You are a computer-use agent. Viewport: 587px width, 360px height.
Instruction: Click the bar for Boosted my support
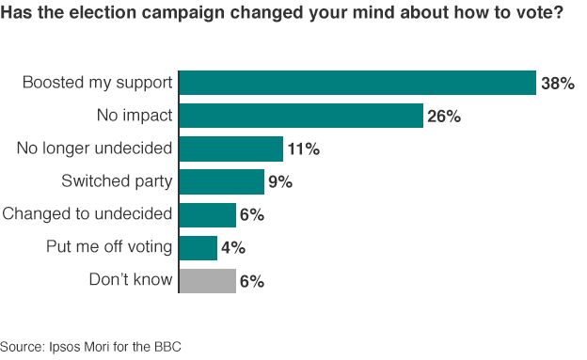point(357,83)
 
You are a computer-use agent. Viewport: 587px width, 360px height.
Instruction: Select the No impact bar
point(300,116)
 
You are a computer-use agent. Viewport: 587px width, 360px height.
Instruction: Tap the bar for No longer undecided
point(230,149)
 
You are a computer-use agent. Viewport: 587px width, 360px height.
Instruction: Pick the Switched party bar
point(221,181)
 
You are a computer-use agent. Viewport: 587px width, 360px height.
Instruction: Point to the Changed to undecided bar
point(207,214)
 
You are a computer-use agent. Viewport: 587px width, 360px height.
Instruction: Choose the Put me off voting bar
point(198,247)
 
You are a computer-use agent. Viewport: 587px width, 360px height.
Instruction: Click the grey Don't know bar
point(207,280)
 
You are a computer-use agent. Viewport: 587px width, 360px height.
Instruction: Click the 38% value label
point(557,84)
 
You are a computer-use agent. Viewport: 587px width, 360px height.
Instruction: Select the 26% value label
point(443,117)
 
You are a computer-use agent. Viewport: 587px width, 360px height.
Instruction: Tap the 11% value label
point(302,149)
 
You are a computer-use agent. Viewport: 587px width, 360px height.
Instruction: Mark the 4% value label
point(233,248)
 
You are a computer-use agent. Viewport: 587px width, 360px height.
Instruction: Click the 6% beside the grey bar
point(251,281)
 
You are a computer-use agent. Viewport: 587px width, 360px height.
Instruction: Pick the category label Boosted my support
point(98,83)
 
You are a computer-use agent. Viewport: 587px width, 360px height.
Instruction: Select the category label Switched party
point(117,180)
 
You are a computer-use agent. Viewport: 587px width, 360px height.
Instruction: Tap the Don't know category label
point(131,279)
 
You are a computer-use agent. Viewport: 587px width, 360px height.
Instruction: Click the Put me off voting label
point(109,246)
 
